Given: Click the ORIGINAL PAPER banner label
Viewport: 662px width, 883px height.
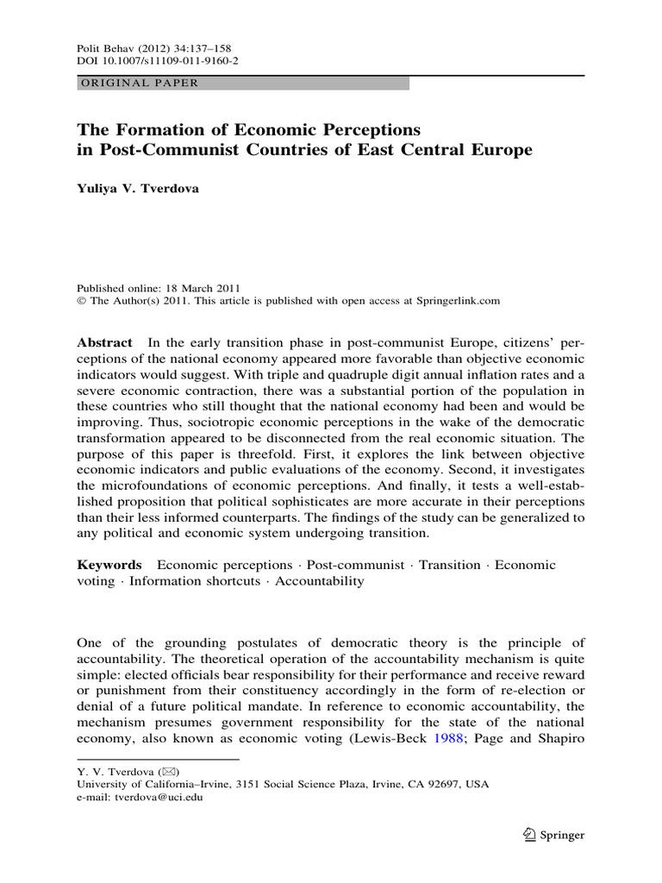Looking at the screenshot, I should pos(138,84).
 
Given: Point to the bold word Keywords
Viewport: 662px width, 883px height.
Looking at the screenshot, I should pos(109,565).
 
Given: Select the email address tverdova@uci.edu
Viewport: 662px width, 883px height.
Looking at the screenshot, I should pos(156,798).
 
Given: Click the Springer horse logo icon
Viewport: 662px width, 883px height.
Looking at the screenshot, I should pos(528,835).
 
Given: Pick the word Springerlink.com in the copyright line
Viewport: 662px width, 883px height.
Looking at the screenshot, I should pos(454,301).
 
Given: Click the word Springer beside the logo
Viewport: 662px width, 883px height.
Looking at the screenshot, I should pos(562,836).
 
